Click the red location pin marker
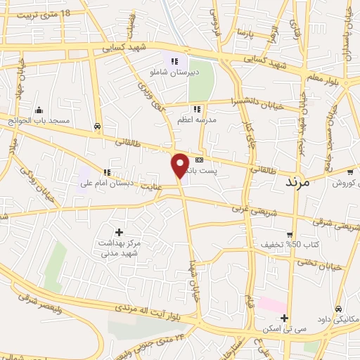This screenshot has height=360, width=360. point(180,165)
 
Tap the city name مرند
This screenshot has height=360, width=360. point(297,181)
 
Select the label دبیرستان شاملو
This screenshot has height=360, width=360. point(174,72)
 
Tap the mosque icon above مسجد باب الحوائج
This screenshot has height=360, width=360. point(39,110)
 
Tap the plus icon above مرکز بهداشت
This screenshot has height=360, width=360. point(118,232)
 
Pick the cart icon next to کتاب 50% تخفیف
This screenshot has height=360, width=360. point(290,235)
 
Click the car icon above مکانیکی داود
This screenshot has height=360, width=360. point(339,309)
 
